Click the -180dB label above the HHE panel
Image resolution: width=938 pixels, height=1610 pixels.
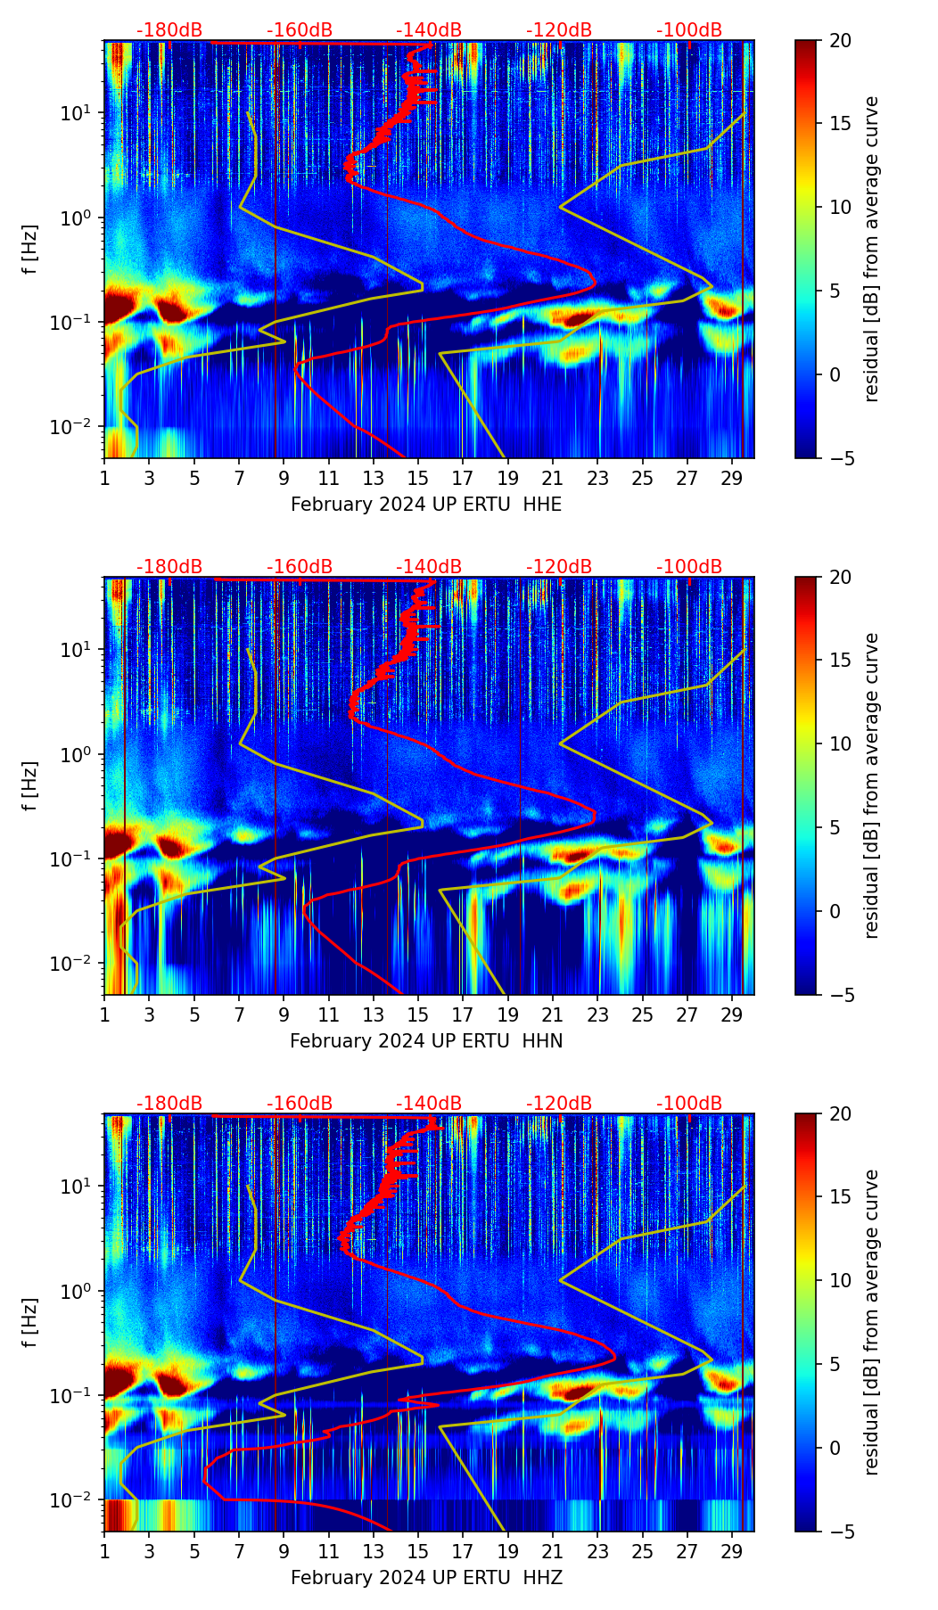(x=169, y=30)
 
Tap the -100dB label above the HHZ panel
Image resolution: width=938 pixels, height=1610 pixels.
(x=689, y=1104)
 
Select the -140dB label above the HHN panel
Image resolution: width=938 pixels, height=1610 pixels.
(x=429, y=567)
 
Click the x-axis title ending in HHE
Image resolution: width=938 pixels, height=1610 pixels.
(x=426, y=505)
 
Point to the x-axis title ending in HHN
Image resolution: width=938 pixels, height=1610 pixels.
(x=426, y=1041)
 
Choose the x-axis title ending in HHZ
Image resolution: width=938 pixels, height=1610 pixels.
(x=426, y=1578)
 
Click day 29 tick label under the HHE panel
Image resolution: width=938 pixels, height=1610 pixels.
(x=732, y=478)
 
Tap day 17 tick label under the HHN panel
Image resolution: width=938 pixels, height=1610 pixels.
(x=463, y=1014)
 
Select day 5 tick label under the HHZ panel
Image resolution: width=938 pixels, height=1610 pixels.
(x=194, y=1551)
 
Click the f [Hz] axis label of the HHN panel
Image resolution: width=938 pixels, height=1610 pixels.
(x=30, y=785)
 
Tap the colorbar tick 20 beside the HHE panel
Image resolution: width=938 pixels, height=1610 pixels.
(x=841, y=40)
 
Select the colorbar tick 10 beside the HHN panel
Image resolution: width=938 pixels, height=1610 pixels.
(x=841, y=743)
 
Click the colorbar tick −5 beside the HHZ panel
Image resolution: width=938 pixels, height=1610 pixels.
(x=841, y=1532)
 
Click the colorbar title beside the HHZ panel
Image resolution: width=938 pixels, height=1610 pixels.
(x=871, y=1322)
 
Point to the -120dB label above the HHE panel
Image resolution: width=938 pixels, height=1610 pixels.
(x=559, y=30)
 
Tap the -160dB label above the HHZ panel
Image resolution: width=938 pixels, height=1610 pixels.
(x=300, y=1104)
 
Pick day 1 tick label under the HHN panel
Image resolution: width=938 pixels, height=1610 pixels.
(x=104, y=1014)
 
